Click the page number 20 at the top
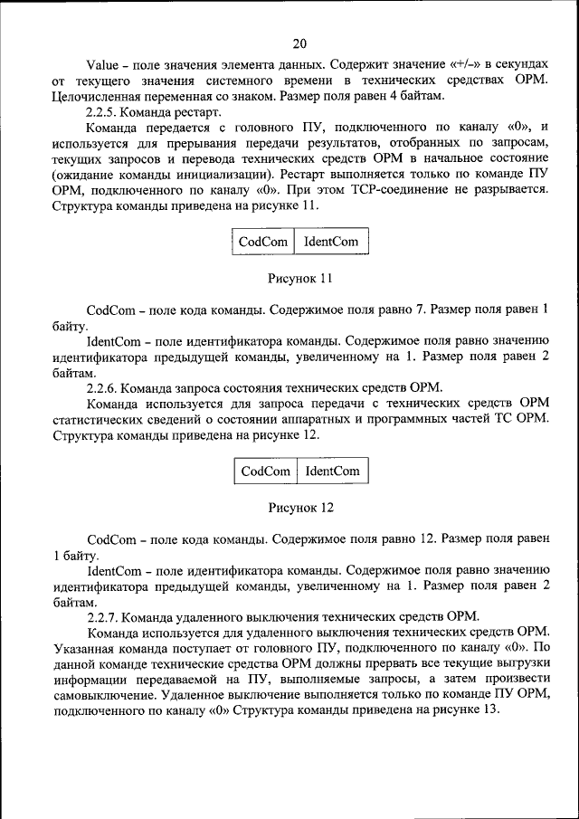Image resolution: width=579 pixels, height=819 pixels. click(x=299, y=43)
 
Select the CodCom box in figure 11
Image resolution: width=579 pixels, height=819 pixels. click(x=262, y=242)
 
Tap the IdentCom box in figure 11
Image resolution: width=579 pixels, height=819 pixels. click(x=331, y=242)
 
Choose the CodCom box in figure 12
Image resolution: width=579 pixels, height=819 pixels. click(x=266, y=471)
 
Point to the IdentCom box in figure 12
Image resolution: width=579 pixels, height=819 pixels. click(x=332, y=471)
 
